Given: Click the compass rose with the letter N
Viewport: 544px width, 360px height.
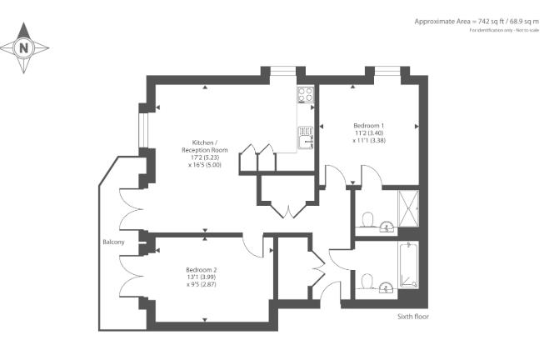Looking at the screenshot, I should tap(23, 47).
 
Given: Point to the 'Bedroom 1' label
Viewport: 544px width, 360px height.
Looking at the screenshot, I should tap(367, 124).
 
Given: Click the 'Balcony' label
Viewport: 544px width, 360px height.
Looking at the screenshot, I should tap(114, 242).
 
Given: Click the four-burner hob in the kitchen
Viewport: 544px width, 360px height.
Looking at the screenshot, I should tap(305, 96).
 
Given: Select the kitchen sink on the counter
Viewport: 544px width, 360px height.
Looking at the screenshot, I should tap(306, 132).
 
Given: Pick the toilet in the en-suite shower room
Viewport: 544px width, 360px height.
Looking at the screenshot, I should tap(367, 219).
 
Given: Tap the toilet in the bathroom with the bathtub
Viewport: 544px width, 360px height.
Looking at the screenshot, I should tap(367, 280).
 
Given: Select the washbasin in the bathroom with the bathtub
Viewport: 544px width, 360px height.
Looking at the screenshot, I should tap(386, 288).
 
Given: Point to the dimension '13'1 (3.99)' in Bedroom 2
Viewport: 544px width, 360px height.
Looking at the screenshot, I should tap(202, 277).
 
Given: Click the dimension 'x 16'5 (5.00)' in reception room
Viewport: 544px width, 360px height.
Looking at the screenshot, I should tap(204, 164).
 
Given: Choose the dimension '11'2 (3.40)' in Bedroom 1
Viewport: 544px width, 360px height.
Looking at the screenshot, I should tap(367, 132).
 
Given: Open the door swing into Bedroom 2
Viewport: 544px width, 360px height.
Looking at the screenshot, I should tap(254, 245).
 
